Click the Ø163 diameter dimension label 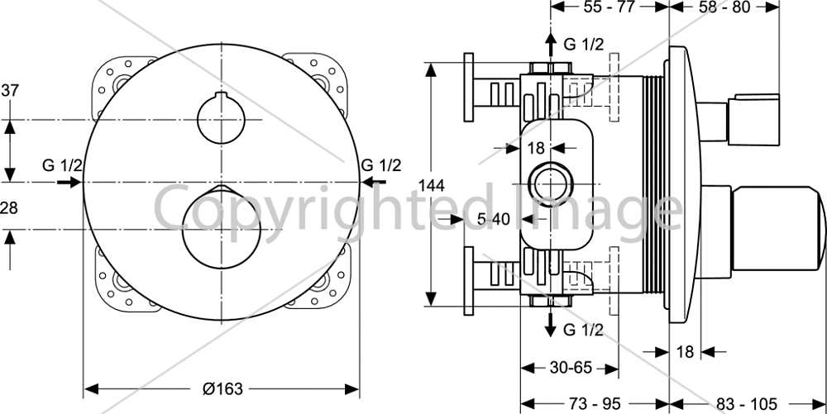click(x=222, y=389)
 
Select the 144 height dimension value click(x=432, y=185)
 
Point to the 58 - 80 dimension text click(x=724, y=7)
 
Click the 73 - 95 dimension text click(x=595, y=404)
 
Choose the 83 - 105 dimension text click(x=747, y=404)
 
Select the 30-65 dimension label click(x=571, y=368)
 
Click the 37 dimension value click(x=9, y=90)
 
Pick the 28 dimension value click(x=9, y=207)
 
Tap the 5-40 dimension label click(x=494, y=218)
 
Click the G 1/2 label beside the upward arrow click(x=583, y=45)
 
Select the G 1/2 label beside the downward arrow click(x=583, y=331)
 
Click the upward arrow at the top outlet click(x=551, y=45)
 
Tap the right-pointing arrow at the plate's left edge click(x=69, y=183)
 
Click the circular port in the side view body click(x=551, y=183)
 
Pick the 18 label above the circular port click(x=535, y=148)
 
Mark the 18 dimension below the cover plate click(x=685, y=351)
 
